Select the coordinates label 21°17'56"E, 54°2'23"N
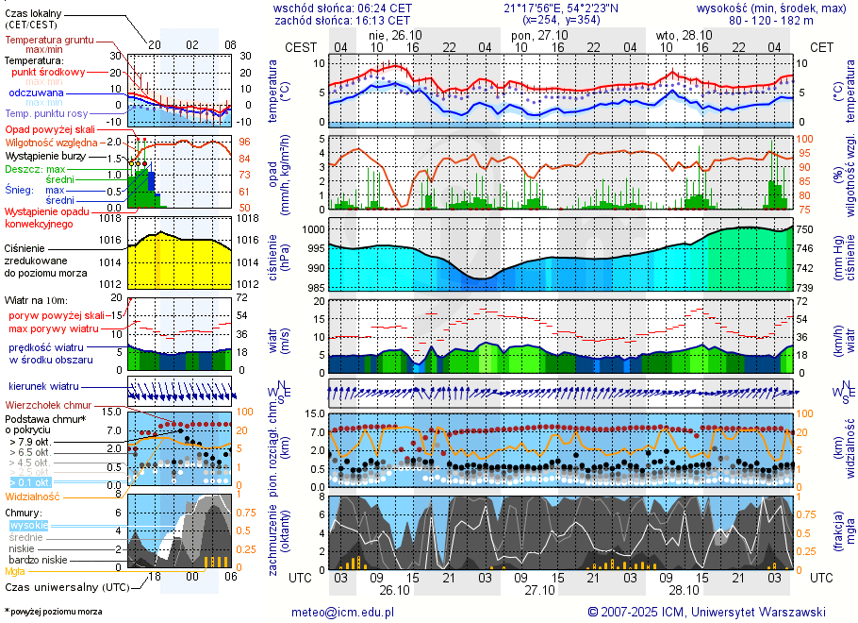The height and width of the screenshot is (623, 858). click(x=561, y=8)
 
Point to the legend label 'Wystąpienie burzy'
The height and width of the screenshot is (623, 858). click(x=44, y=155)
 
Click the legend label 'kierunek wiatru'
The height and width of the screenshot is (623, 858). click(x=42, y=387)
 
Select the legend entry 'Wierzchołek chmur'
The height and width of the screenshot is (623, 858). click(x=46, y=404)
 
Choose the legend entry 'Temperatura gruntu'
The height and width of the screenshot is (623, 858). click(x=49, y=41)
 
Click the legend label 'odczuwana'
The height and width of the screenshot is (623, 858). click(x=36, y=93)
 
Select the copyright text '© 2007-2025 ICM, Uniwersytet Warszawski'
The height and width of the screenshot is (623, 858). click(x=706, y=612)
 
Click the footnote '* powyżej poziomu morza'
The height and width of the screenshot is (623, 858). click(x=53, y=612)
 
